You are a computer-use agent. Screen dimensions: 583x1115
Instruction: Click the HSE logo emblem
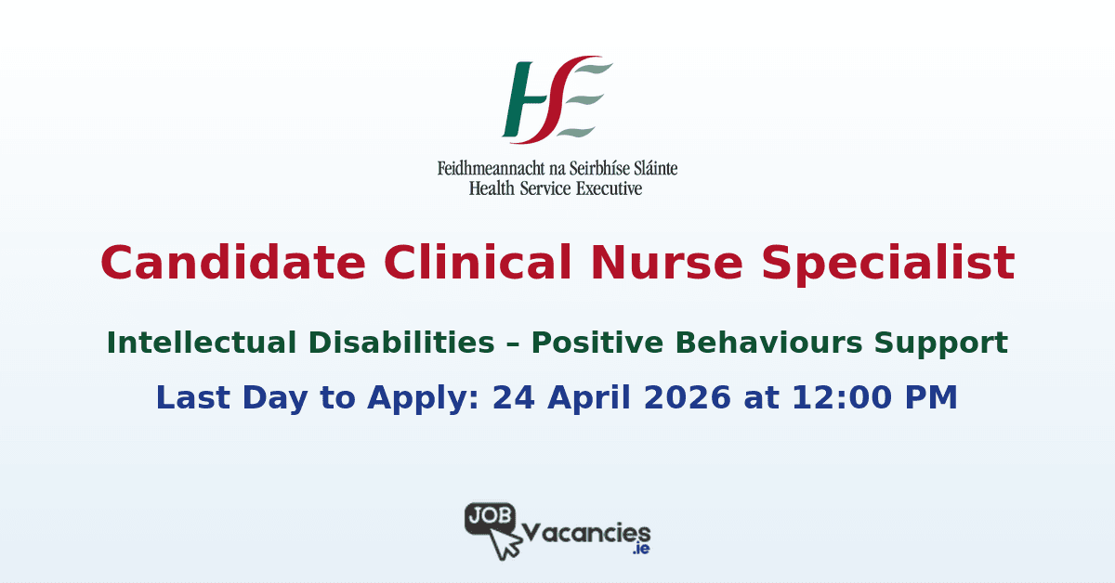point(557,100)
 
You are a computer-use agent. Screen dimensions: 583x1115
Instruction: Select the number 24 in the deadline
point(512,397)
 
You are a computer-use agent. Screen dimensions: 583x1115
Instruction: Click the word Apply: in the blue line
point(426,397)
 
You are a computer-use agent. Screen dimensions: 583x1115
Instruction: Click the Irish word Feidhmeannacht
point(492,170)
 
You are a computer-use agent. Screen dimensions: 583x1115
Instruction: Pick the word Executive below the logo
point(608,188)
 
